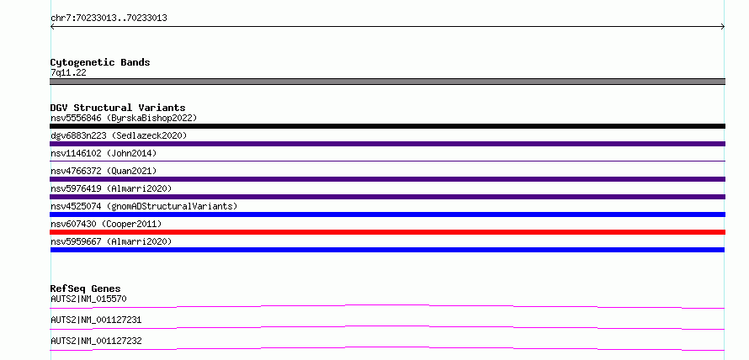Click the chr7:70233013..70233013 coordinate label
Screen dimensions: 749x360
[x=109, y=19]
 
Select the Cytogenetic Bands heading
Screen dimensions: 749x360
[x=100, y=62]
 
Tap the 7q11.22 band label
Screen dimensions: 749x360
[x=68, y=73]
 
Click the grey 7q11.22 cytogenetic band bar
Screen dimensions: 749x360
[x=387, y=82]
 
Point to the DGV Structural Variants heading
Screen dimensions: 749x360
[x=118, y=108]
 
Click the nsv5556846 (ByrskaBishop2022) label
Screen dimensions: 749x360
[x=124, y=118]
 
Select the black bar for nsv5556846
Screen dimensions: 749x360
[x=387, y=126]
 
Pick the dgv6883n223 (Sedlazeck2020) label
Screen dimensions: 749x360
[x=119, y=135]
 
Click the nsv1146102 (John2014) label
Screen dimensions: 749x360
[x=104, y=153]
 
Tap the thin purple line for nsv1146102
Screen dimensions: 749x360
[x=387, y=161]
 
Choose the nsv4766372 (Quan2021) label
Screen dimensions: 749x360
[x=104, y=171]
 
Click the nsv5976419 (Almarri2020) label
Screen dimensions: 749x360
[x=111, y=188]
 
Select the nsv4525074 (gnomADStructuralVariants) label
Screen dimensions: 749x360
[x=144, y=206]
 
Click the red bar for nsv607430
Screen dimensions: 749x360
[x=387, y=232]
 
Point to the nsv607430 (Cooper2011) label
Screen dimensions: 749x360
[x=106, y=224]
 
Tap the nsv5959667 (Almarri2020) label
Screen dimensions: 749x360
[x=111, y=241]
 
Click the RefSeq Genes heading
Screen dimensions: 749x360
[x=86, y=289]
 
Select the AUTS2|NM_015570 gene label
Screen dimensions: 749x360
[x=88, y=299]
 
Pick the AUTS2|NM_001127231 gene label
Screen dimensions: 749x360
[x=96, y=320]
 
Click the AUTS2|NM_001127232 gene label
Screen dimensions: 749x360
[x=96, y=341]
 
